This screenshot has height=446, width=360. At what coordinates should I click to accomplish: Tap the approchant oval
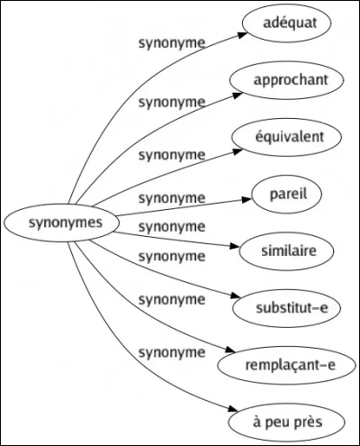pos(285,80)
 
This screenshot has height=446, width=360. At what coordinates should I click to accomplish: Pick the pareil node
pos(285,193)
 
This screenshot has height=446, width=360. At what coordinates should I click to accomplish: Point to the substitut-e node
pos(285,306)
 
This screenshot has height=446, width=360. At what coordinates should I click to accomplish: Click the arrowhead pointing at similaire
pos(235,244)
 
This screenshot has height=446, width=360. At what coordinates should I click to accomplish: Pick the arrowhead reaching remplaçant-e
pos(221,358)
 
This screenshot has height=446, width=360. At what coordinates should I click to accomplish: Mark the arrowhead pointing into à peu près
pos(233,414)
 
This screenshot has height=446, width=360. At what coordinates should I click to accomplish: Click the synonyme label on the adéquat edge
pos(171,42)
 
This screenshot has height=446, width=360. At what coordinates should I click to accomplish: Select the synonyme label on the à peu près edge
pos(171,354)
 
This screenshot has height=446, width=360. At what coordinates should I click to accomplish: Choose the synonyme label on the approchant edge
pos(171,100)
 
